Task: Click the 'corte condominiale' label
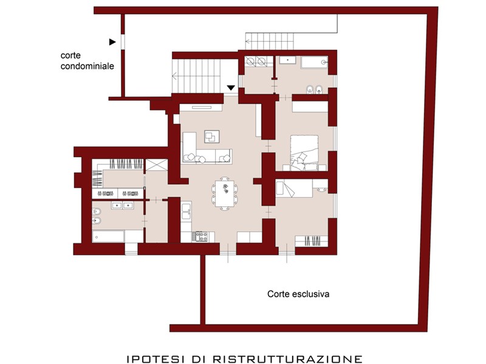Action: (x=87, y=61)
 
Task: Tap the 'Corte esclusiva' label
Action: (x=298, y=294)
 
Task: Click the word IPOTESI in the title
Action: (x=155, y=359)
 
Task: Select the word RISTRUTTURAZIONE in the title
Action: (x=287, y=359)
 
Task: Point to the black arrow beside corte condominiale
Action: (x=112, y=42)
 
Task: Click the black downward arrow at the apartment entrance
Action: (x=231, y=88)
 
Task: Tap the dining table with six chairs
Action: (x=225, y=194)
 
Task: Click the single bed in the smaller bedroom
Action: (x=294, y=188)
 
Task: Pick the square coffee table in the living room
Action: (x=211, y=136)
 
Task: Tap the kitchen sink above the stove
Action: (x=186, y=211)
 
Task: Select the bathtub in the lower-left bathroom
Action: (x=108, y=237)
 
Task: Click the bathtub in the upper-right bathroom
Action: (x=314, y=62)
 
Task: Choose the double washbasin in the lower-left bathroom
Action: (x=122, y=205)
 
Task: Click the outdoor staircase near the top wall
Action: (x=270, y=41)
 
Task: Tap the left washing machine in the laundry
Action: (x=250, y=61)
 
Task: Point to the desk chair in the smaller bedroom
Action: (x=321, y=189)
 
